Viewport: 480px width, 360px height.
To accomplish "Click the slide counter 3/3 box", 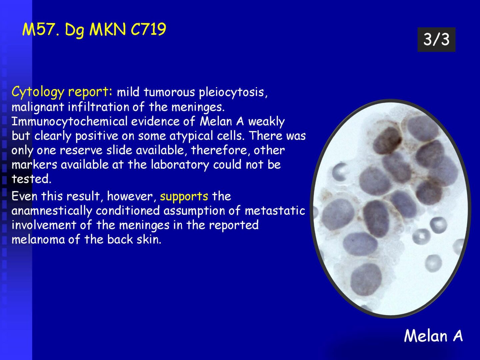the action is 436,40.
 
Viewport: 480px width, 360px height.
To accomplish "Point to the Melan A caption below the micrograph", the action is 433,336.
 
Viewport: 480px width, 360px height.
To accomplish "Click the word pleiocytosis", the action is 233,92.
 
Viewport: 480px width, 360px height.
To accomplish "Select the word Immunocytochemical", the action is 70,122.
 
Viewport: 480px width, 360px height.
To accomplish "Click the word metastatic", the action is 275,211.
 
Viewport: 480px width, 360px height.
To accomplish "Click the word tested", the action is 31,179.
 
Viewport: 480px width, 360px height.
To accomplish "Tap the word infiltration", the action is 98,107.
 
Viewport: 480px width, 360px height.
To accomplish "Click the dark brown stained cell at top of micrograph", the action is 387,141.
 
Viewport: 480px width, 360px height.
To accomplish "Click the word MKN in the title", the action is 108,29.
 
